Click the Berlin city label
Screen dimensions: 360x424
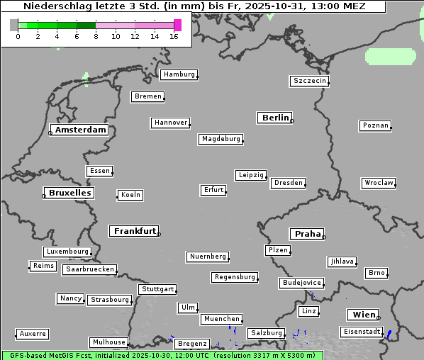tap(275, 118)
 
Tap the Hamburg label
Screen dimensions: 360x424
tap(178, 74)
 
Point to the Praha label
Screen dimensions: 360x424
tap(307, 234)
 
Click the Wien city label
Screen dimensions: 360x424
tap(362, 315)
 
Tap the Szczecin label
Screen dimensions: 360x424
tap(310, 81)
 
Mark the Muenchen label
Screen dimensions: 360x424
tap(222, 319)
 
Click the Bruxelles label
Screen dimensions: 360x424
tap(69, 193)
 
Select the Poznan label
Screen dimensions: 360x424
tap(375, 125)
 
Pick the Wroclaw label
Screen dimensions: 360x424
tap(378, 183)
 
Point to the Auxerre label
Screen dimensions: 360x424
tap(33, 333)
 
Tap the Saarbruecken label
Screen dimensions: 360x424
tap(89, 269)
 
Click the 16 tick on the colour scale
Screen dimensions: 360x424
tap(174, 36)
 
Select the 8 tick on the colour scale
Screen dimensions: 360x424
tap(96, 36)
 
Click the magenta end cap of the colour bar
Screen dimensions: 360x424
tap(177, 25)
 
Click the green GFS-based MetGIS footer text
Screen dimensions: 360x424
tap(162, 355)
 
